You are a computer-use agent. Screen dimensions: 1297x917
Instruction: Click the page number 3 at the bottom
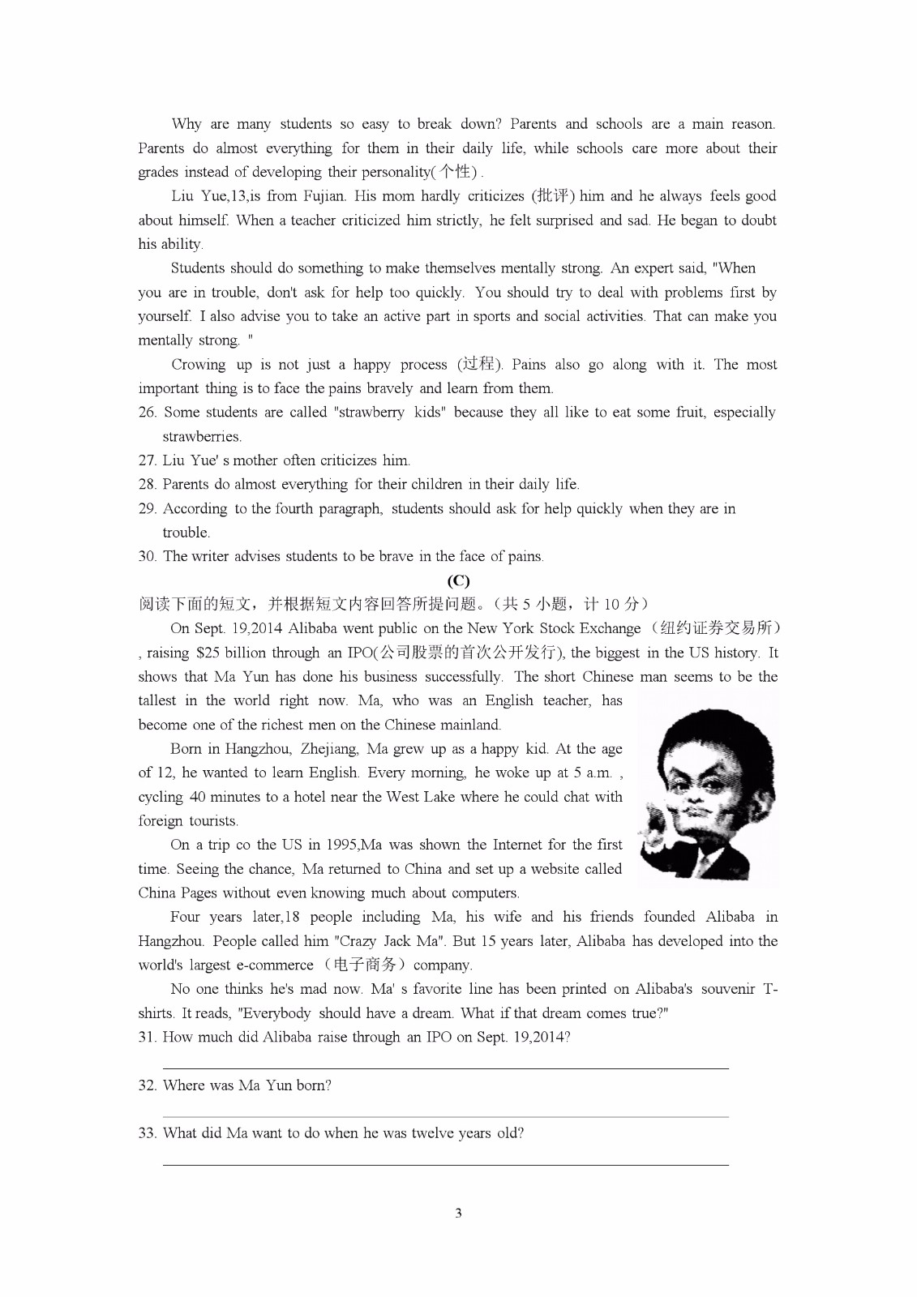[458, 1213]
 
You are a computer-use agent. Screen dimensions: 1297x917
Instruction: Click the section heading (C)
[458, 580]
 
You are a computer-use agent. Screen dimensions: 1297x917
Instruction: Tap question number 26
[147, 413]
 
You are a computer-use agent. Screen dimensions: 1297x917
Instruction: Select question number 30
[147, 557]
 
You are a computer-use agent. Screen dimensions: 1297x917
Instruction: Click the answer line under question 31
[446, 1068]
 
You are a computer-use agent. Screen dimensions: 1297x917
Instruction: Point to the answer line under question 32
[446, 1116]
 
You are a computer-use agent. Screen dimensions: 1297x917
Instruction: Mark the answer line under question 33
[446, 1165]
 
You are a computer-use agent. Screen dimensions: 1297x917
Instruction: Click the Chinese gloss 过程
[479, 365]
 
